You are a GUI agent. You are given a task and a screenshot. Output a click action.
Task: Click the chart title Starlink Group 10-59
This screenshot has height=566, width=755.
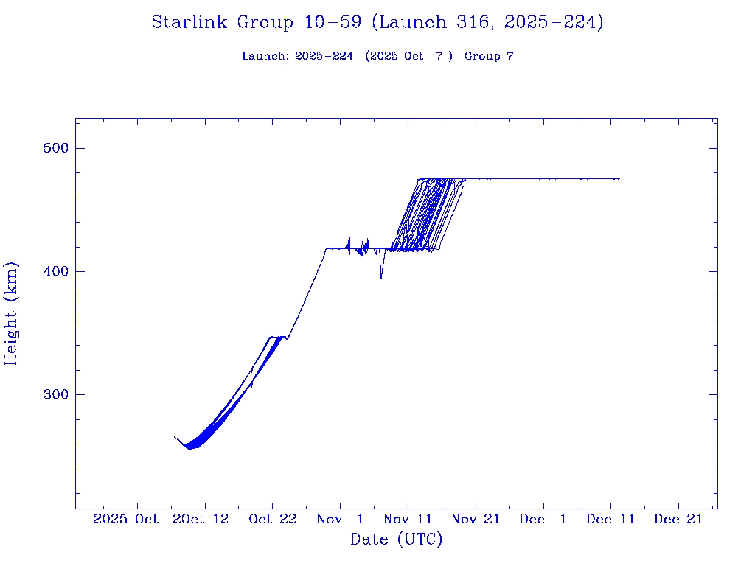[x=377, y=23]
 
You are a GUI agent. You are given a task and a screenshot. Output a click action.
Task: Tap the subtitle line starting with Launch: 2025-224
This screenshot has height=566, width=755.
[x=377, y=56]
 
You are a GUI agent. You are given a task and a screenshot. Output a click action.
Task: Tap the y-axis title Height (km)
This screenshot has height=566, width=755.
[x=11, y=313]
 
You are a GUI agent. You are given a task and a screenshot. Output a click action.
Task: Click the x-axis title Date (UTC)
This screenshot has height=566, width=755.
[x=397, y=540]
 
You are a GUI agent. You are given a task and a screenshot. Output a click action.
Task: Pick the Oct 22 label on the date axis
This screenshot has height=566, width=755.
[x=272, y=519]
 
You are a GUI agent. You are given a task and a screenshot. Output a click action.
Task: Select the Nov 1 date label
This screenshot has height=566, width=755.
[x=340, y=519]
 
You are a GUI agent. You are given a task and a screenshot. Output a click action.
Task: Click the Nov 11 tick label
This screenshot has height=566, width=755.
[x=408, y=519]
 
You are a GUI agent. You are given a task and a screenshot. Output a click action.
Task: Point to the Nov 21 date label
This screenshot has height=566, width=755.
[x=476, y=519]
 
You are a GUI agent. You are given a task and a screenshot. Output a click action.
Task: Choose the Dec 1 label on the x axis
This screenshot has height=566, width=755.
[x=543, y=519]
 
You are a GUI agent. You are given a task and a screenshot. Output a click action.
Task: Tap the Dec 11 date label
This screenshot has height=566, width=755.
[x=610, y=519]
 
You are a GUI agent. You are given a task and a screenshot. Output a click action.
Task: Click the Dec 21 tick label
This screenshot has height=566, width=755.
[x=678, y=519]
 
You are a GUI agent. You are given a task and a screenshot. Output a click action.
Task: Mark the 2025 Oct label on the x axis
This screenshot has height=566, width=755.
[x=126, y=519]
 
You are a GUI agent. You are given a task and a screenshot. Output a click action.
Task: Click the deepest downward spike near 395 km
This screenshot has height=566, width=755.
[x=381, y=278]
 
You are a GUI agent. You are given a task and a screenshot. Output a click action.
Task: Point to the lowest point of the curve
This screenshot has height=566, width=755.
[x=189, y=447]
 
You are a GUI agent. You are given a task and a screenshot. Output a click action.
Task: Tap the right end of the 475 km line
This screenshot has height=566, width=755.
[x=619, y=179]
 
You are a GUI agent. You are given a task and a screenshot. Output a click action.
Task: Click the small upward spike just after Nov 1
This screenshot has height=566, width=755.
[x=349, y=237]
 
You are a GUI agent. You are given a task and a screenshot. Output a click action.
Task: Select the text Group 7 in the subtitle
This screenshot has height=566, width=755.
[x=489, y=56]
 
